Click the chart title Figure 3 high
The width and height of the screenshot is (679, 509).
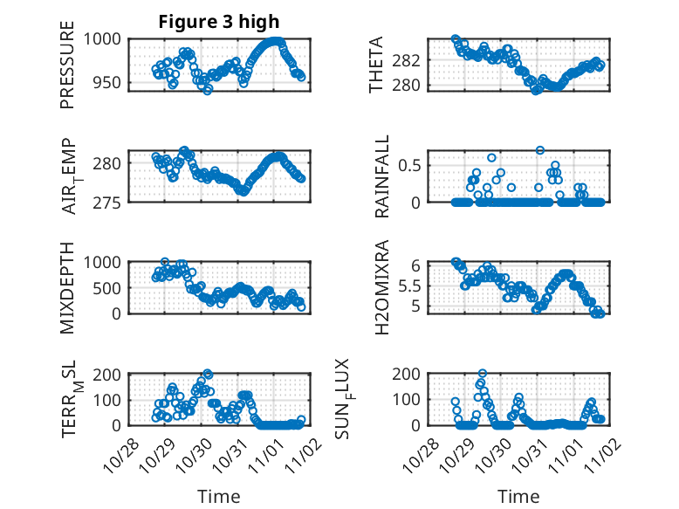tap(218, 22)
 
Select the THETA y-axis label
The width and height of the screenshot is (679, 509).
tap(376, 65)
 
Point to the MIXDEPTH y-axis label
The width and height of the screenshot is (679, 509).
tap(67, 288)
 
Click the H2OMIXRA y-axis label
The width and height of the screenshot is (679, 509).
tap(381, 288)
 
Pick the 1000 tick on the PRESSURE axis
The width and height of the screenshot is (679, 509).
tap(106, 38)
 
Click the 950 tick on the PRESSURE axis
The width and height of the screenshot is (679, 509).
tap(111, 83)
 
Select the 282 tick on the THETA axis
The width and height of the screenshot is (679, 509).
tap(412, 60)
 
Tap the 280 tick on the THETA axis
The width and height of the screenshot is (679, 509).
tap(412, 85)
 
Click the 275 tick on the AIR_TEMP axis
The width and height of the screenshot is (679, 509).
tap(111, 202)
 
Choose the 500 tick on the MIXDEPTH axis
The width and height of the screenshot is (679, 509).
tap(111, 287)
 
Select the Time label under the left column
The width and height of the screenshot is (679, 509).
tap(218, 496)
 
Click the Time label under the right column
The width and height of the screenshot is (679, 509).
tap(518, 496)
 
